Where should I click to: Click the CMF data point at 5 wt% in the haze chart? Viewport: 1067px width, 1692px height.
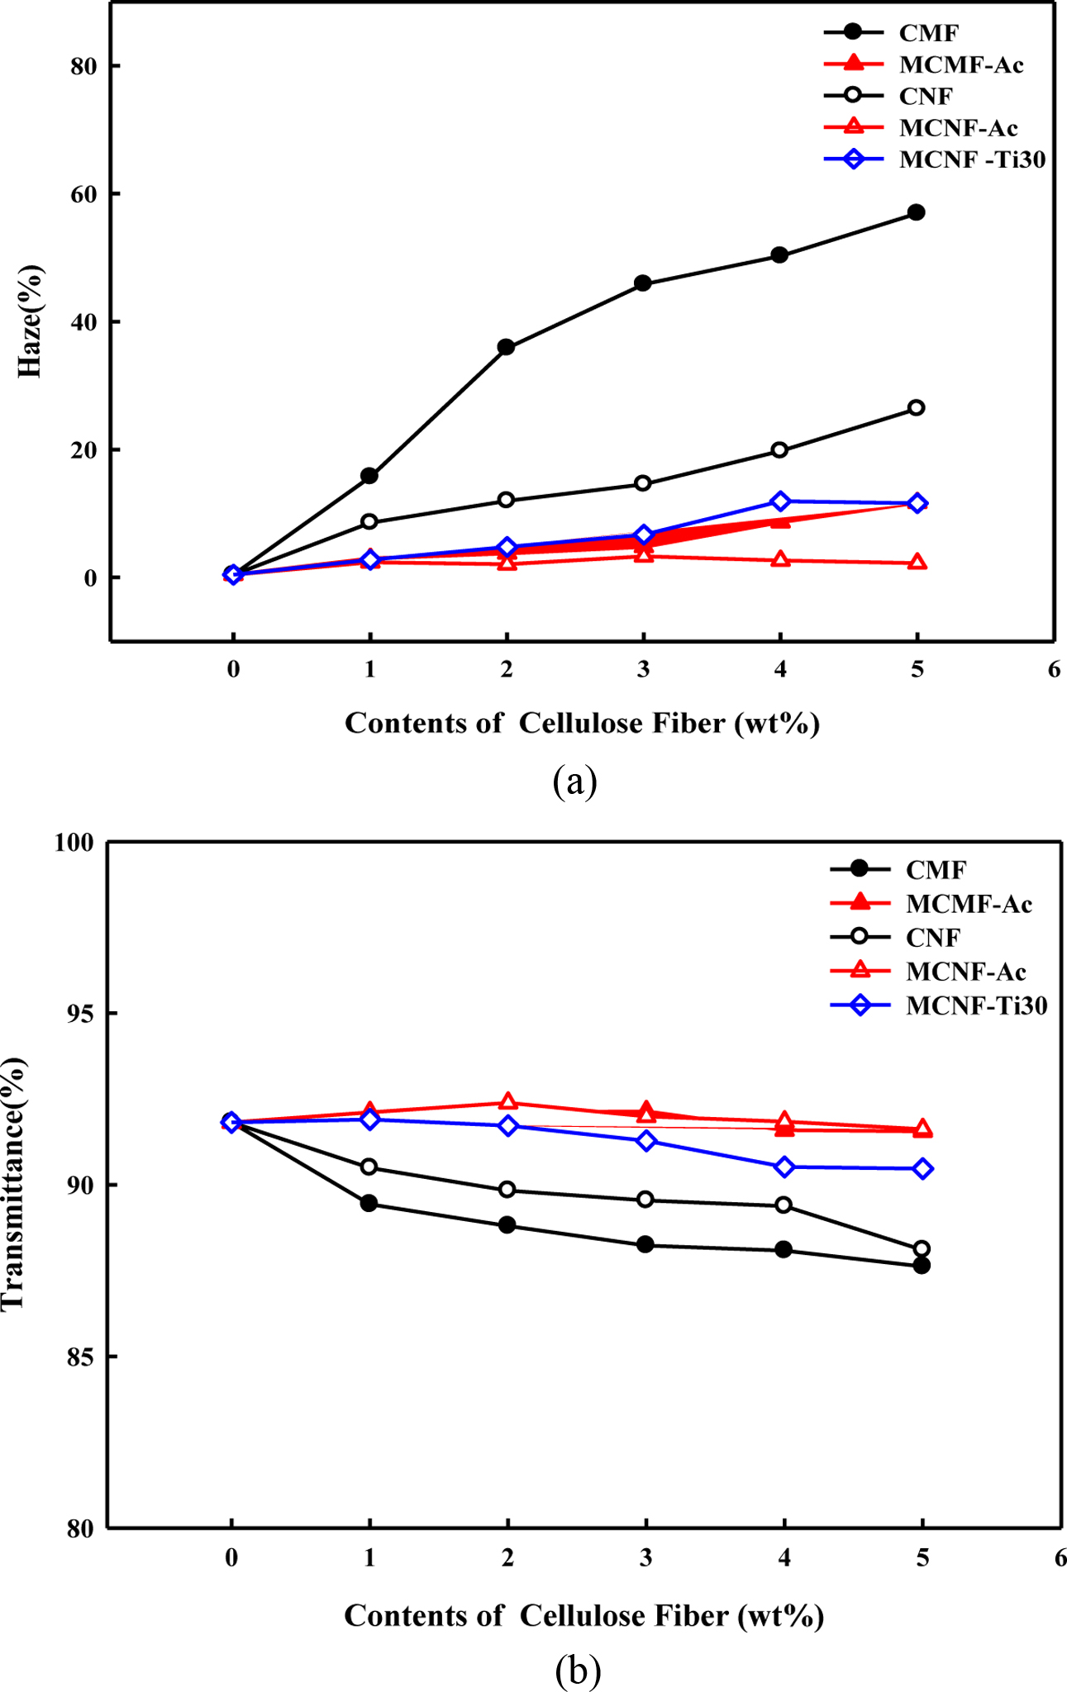(916, 212)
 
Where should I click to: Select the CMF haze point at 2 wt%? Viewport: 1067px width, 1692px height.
(506, 347)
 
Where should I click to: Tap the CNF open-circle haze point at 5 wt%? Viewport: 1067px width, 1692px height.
(916, 407)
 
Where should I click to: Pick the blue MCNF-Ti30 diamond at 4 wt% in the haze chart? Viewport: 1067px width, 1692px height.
(779, 501)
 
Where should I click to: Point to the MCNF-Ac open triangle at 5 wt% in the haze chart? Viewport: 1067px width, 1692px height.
(917, 562)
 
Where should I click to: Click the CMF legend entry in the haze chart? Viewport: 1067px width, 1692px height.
(929, 33)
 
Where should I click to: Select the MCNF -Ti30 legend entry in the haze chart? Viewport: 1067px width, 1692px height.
(972, 159)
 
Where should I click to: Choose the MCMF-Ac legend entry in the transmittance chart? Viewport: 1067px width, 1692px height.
(969, 904)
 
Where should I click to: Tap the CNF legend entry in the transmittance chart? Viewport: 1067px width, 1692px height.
(933, 938)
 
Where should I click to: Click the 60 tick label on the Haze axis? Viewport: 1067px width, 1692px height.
(84, 194)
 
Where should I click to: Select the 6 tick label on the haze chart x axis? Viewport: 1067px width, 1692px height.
(1053, 669)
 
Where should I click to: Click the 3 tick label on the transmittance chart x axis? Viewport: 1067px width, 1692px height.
(645, 1558)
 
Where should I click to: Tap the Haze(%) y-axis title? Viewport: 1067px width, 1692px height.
(31, 321)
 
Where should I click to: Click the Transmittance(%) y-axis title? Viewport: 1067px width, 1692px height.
(14, 1183)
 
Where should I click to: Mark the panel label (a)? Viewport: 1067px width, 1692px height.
(574, 781)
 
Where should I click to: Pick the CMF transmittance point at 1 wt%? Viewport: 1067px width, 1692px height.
(369, 1204)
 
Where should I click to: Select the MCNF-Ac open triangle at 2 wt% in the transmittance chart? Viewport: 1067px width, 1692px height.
(507, 1101)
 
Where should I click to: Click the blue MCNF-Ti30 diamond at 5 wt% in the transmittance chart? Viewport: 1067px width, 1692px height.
(922, 1168)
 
